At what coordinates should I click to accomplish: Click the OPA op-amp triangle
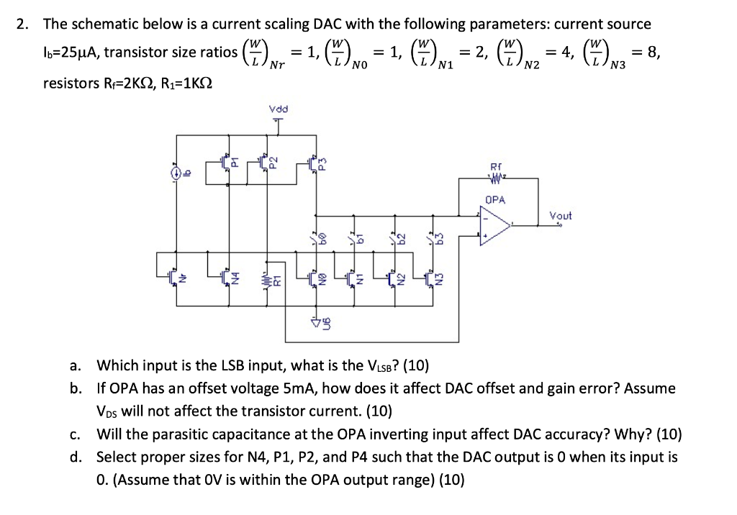tap(494, 223)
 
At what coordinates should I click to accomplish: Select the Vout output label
tap(561, 215)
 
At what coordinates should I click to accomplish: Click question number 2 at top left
tap(23, 24)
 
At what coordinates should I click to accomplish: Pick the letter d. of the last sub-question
tap(76, 457)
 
